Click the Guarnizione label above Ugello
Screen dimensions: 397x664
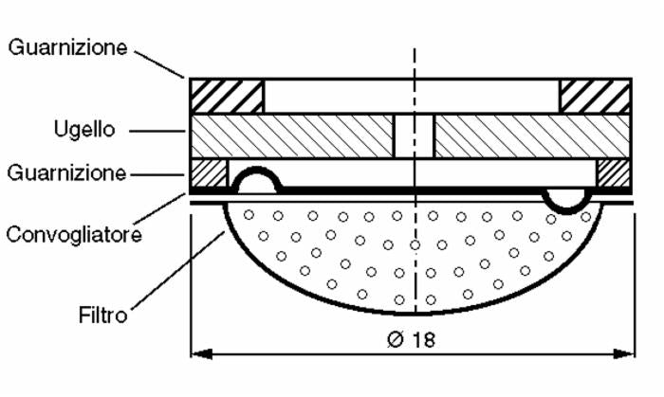[x=68, y=47]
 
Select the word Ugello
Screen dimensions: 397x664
[x=83, y=130]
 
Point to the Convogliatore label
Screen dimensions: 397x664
[x=75, y=233]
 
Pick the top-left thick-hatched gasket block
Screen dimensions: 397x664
[x=227, y=96]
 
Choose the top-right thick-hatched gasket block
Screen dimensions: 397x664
[x=595, y=96]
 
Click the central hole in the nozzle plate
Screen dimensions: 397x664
[x=414, y=135]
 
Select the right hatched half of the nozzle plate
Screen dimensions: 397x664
[x=531, y=135]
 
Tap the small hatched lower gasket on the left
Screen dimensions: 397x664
[x=209, y=172]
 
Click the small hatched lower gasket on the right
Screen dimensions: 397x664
[x=613, y=172]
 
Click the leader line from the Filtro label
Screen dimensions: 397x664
[x=175, y=269]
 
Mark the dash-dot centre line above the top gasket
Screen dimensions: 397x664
[x=414, y=61]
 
